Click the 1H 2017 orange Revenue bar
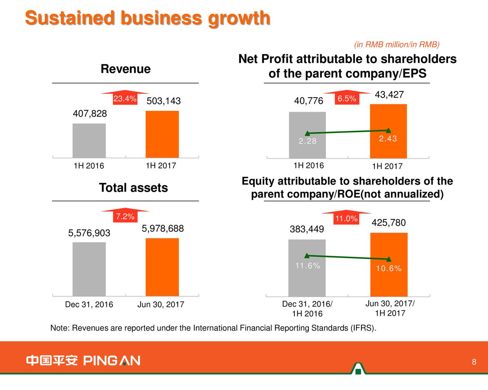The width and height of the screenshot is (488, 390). coord(162,134)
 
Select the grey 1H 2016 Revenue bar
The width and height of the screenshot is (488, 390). coord(89,140)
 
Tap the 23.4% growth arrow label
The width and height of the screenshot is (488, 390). coord(125,99)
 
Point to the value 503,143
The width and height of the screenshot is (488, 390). coord(164,101)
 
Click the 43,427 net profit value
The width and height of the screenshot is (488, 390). coord(389,95)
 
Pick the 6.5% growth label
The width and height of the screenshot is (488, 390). coord(347,99)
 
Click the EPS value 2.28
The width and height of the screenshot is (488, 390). coord(307,141)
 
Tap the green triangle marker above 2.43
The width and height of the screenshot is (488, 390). coord(388,131)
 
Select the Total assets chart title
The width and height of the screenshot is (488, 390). coord(133,188)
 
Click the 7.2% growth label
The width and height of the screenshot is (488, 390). coord(125,217)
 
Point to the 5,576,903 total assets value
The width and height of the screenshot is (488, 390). coord(89,233)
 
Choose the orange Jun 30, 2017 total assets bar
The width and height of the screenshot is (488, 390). coord(162,267)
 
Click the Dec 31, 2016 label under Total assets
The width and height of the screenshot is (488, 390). coord(89,305)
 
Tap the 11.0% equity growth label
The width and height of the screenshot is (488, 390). coord(346,219)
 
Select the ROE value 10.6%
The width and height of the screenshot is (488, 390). coord(388,269)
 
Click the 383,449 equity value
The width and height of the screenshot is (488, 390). coord(307,229)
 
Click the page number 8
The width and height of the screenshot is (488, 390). coord(474,362)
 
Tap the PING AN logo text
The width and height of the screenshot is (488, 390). coord(112,360)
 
